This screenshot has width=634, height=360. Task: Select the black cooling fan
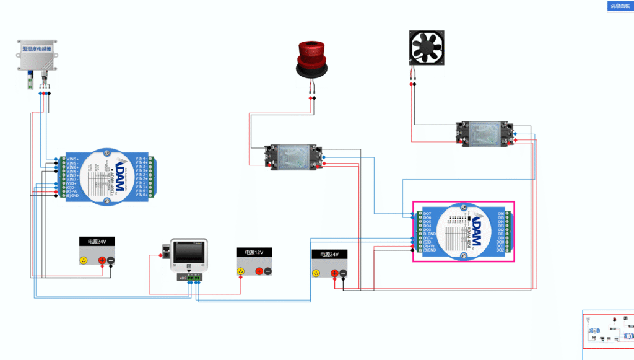point(428,48)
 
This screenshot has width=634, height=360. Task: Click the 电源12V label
point(254,253)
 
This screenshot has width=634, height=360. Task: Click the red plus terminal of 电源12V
point(258,271)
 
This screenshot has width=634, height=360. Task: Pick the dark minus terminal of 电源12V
point(267,271)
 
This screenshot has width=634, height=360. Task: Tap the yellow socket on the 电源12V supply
point(241,271)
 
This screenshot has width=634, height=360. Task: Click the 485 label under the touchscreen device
point(182,278)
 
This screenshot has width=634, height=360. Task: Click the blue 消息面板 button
point(620,6)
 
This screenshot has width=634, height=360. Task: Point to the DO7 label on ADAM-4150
point(427,213)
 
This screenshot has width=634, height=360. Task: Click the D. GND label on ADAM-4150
point(430,234)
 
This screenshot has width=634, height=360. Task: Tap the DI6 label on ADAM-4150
point(501,213)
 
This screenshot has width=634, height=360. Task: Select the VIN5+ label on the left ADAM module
point(72,159)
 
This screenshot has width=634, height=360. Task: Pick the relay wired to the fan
point(485,134)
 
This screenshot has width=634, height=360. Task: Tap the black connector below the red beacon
point(315,98)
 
